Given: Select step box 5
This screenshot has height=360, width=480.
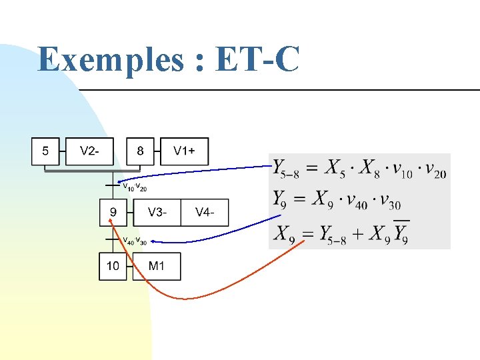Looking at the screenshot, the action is click(45, 151).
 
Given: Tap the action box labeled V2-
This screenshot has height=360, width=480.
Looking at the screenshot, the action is click(90, 151).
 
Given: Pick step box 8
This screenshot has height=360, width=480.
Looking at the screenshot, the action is click(140, 151).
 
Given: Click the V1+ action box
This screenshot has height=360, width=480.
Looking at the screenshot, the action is click(185, 151).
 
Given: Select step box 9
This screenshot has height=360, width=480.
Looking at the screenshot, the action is click(113, 213).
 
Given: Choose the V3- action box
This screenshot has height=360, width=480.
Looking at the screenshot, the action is click(157, 213).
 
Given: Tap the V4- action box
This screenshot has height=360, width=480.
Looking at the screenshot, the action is click(205, 213).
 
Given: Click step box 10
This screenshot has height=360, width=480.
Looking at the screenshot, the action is click(113, 267).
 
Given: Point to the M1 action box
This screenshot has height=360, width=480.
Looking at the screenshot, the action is click(157, 267).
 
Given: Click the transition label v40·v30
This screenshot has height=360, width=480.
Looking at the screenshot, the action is click(135, 241).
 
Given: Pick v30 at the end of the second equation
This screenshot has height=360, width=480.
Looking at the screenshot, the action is click(391, 201).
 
